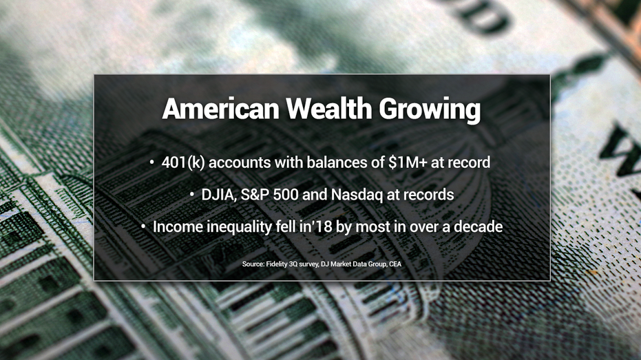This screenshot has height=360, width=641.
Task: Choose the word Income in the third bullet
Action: (x=176, y=226)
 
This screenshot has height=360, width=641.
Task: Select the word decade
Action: (x=477, y=226)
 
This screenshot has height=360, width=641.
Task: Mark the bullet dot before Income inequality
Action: (x=143, y=226)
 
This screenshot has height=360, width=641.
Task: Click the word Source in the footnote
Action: (x=253, y=264)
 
